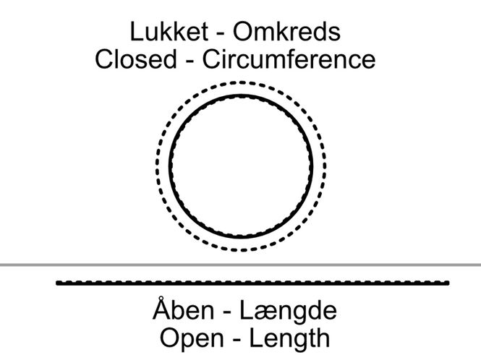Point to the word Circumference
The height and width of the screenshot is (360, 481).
pyautogui.click(x=289, y=59)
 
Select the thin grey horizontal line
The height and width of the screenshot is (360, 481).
pyautogui.click(x=240, y=265)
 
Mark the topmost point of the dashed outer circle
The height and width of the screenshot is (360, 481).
pyautogui.click(x=241, y=82)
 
